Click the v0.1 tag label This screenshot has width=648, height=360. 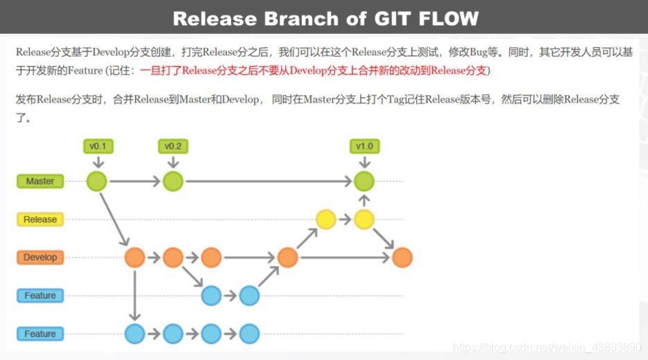coord(98,146)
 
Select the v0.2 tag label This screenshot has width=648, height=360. coord(173,146)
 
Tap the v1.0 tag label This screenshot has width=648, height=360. coord(364,146)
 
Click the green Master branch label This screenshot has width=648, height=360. coord(40,182)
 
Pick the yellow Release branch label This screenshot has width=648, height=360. coord(40,220)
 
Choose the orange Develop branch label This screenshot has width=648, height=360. coord(40,257)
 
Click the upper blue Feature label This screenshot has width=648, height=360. coord(40,296)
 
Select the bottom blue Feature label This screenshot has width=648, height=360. coord(40,334)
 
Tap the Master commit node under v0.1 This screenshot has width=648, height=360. coord(97,182)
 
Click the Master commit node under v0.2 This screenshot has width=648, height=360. coord(173,182)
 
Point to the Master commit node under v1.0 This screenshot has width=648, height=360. coord(364,182)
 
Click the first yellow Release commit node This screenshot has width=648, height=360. coord(326,220)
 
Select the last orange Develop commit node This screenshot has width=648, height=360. coord(402,257)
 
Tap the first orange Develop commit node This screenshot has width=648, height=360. coord(135,257)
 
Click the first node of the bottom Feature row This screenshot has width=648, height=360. coord(135,334)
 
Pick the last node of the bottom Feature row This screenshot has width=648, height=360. coord(249,334)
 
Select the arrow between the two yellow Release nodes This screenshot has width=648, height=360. coord(345,220)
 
